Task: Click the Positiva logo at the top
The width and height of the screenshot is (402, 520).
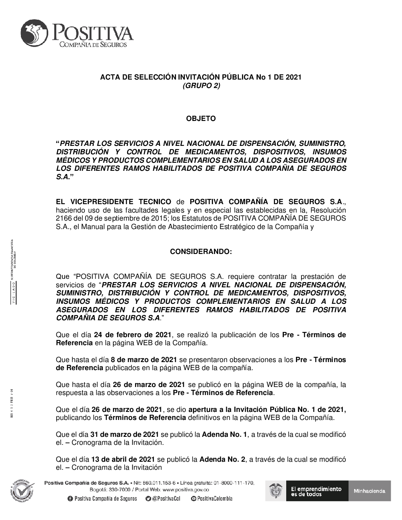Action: point(77,33)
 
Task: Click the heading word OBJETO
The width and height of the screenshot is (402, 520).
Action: point(201,119)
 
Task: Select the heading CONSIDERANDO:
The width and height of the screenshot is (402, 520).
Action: point(201,252)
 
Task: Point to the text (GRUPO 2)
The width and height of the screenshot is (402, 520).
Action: point(201,85)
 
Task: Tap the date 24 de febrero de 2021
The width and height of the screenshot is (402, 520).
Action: point(133,335)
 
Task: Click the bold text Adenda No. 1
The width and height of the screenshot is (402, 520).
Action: point(225,434)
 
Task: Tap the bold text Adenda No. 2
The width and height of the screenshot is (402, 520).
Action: point(222,459)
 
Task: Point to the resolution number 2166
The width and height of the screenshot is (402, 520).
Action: point(64,218)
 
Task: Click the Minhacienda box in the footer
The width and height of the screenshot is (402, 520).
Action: point(369,491)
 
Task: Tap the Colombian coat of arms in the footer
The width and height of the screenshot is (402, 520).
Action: point(275,491)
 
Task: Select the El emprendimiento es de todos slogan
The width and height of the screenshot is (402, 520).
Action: point(316,491)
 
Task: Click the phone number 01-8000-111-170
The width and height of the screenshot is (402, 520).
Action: point(234,482)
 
